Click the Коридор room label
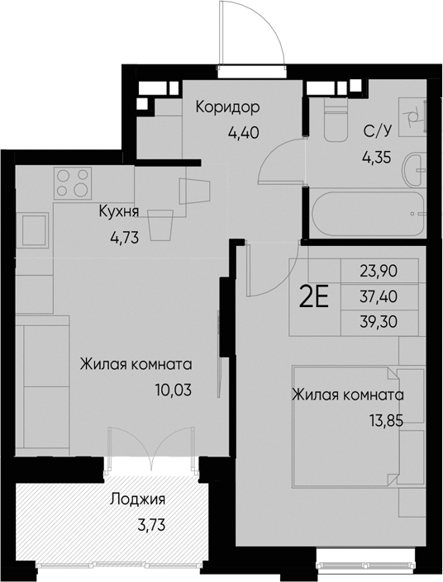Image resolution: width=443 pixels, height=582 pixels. tap(227, 107)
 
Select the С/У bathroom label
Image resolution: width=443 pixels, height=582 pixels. tap(377, 130)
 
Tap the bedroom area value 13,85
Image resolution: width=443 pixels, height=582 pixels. tap(386, 419)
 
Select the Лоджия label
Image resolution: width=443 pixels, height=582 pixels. tap(137, 499)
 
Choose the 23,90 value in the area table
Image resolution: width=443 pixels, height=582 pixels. tap(378, 269)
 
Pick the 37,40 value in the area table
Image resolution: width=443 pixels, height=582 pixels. tap(378, 296)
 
